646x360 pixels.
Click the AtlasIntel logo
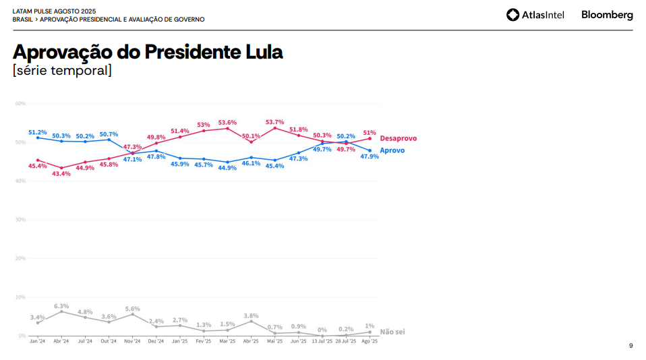(x=535, y=15)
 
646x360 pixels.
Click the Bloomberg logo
(x=607, y=15)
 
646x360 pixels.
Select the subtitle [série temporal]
(x=62, y=71)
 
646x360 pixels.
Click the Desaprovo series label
(x=398, y=138)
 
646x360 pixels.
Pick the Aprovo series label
(x=392, y=150)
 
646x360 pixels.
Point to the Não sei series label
(x=392, y=332)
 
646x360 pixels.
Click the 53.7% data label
(x=275, y=122)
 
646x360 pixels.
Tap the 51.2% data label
(x=38, y=132)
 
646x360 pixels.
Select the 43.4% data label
(x=61, y=174)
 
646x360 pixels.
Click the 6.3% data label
(x=61, y=306)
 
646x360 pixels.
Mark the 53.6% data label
(x=227, y=123)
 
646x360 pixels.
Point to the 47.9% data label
(x=370, y=156)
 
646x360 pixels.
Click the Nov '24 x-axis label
(x=132, y=342)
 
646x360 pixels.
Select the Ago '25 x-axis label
(x=370, y=342)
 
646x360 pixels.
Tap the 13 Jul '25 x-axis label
(x=322, y=342)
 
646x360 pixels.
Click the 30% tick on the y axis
(x=20, y=220)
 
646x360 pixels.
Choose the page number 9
(x=630, y=346)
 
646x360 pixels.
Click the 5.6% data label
(x=132, y=309)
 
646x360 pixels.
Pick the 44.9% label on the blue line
(x=227, y=168)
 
